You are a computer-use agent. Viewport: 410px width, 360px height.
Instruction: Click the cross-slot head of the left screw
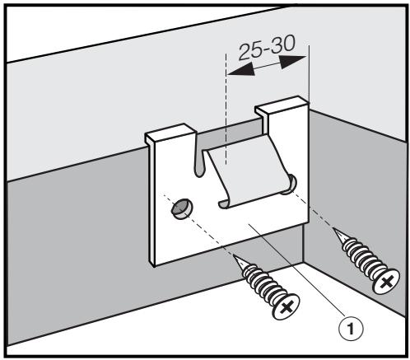(x=284, y=307)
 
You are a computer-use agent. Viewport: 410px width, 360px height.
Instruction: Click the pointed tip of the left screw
(x=237, y=256)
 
